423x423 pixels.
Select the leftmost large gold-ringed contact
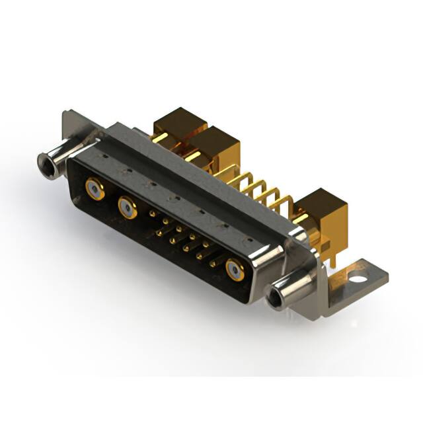click(94, 190)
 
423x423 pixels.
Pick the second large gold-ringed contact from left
click(127, 208)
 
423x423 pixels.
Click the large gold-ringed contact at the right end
click(235, 269)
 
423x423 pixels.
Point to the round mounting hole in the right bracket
click(358, 271)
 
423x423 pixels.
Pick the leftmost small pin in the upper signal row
click(152, 214)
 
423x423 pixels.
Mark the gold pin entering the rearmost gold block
click(159, 137)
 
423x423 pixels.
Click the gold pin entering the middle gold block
click(193, 157)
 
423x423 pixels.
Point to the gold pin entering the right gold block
click(299, 218)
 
